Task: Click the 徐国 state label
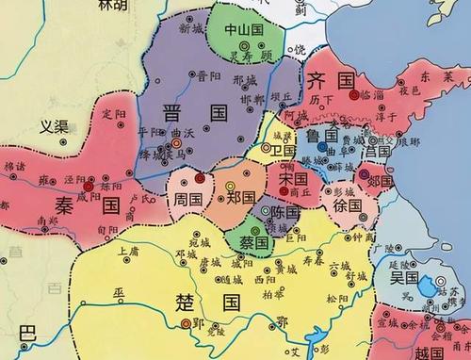[348, 205]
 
